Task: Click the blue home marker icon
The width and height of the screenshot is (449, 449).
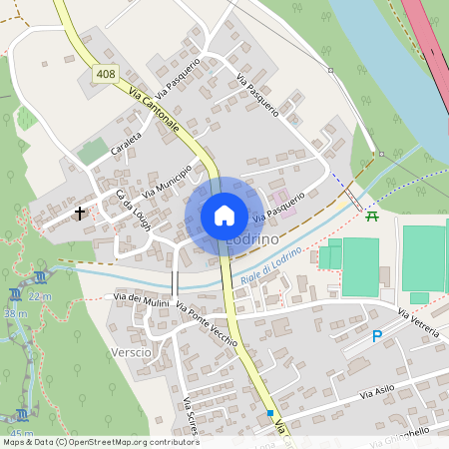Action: click(224, 216)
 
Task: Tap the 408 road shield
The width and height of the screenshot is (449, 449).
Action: click(104, 74)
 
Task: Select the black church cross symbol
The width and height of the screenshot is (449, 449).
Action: click(80, 213)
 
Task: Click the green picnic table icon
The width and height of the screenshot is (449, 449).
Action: click(372, 216)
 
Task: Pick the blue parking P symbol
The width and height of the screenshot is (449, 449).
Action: click(376, 337)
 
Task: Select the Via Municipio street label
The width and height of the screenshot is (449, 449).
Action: click(167, 178)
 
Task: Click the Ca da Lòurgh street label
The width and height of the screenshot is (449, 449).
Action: click(133, 211)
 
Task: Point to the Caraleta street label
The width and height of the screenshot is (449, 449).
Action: click(127, 146)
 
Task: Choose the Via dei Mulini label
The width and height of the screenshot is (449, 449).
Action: click(141, 298)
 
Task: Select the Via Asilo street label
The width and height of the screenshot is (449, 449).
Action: click(378, 393)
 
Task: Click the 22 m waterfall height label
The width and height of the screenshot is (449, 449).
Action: click(40, 296)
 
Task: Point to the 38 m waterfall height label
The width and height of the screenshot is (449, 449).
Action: click(15, 313)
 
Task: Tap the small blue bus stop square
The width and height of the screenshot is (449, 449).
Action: click(269, 412)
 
